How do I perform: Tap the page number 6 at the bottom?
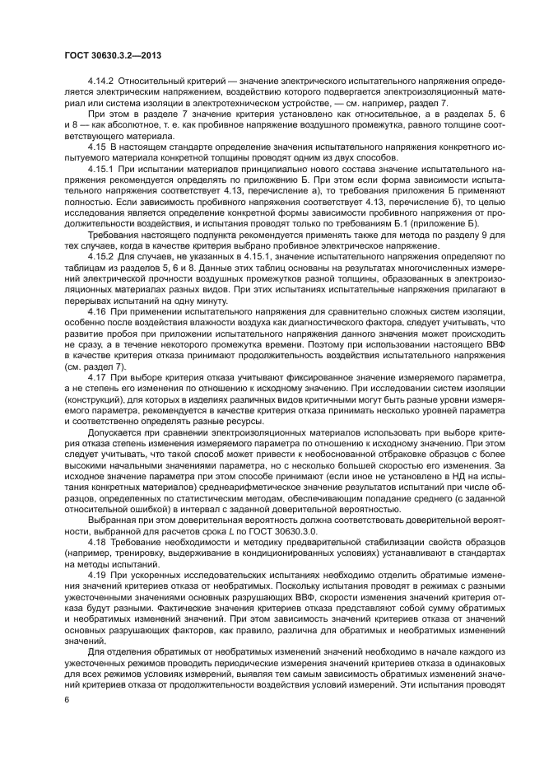66,698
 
